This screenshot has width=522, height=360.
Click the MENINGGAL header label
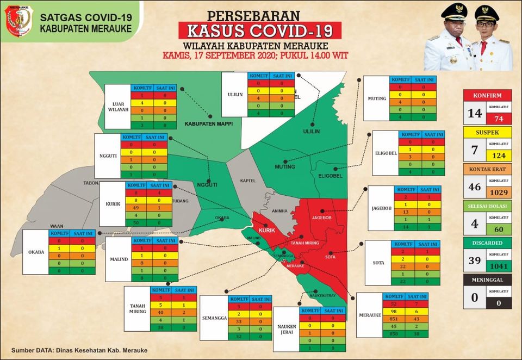[x=487, y=280]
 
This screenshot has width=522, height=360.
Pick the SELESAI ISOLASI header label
[x=487, y=206]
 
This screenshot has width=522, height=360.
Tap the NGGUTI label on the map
[x=206, y=184]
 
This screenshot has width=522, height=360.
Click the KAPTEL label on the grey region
[x=248, y=181]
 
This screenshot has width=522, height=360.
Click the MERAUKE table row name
[x=370, y=315]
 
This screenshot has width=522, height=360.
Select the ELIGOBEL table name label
[x=384, y=153]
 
